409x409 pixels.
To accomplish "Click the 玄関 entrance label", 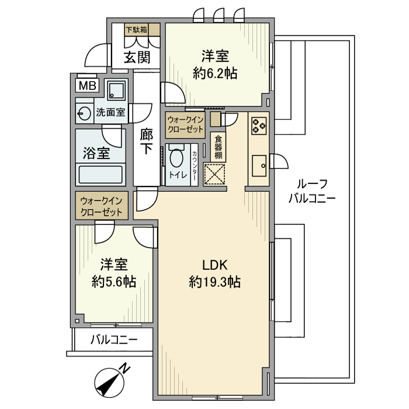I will coord(137,57).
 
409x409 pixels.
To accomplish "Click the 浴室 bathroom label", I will coord(96,154).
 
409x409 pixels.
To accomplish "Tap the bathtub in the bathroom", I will coord(101,175).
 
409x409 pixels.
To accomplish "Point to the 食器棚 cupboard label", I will coord(217,147).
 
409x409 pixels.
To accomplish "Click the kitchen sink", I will coord(258,165).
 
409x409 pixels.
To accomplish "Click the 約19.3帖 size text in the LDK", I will coord(215,282).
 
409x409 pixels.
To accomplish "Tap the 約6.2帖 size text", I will coord(215,74).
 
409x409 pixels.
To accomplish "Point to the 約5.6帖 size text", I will coord(114,281).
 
